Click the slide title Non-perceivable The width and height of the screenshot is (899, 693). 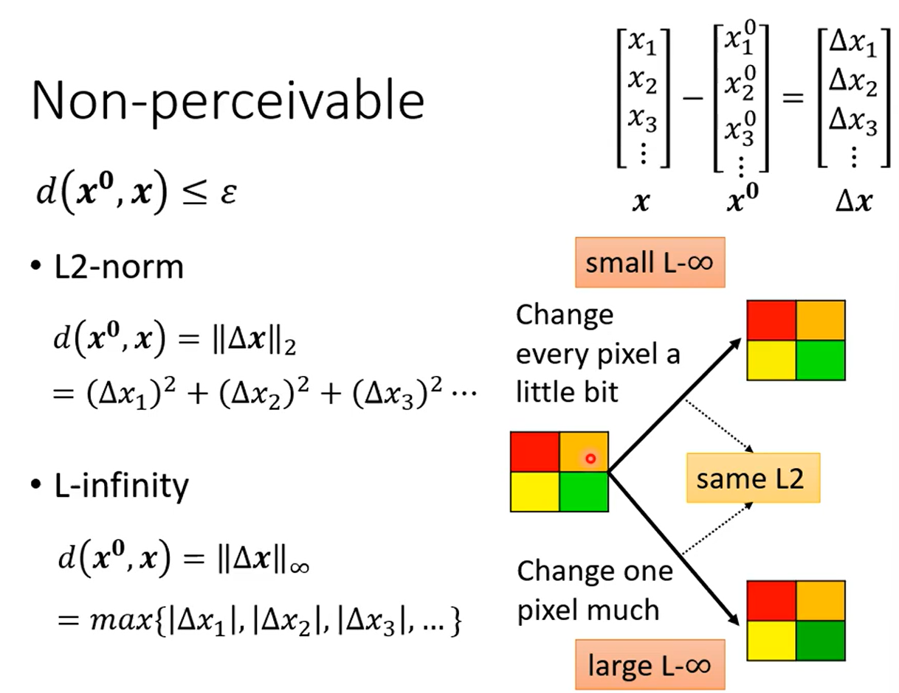pos(227,101)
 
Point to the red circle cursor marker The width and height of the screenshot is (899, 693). pos(590,459)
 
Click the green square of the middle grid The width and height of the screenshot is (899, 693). pos(583,492)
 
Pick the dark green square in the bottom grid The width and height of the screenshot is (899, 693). pos(820,640)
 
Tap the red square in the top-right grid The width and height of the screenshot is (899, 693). pos(771,321)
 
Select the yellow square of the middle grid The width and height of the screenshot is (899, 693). pos(534,492)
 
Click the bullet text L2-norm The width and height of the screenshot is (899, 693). pos(118,267)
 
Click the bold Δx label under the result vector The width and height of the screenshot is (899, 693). pos(852,203)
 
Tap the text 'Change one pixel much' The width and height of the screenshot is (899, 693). pos(594,590)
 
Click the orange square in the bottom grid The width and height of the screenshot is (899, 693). pos(820,600)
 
